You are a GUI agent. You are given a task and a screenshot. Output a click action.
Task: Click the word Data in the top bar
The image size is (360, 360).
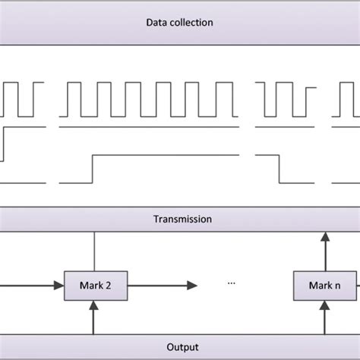pos(156,23)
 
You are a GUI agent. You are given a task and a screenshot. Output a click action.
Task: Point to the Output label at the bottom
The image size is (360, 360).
pos(179,346)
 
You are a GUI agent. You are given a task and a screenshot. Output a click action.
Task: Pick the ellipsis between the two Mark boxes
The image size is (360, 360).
pos(232,283)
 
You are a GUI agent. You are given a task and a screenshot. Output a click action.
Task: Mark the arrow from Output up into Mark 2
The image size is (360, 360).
pos(94,315)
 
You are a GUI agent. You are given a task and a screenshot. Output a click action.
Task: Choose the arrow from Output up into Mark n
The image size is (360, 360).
pos(324,315)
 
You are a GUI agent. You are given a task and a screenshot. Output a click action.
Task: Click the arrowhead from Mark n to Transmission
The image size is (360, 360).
pos(324,238)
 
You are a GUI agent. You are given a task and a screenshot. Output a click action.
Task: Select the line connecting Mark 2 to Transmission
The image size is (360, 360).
pos(94,251)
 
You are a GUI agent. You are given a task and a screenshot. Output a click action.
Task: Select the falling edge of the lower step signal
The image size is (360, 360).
pos(279,169)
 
